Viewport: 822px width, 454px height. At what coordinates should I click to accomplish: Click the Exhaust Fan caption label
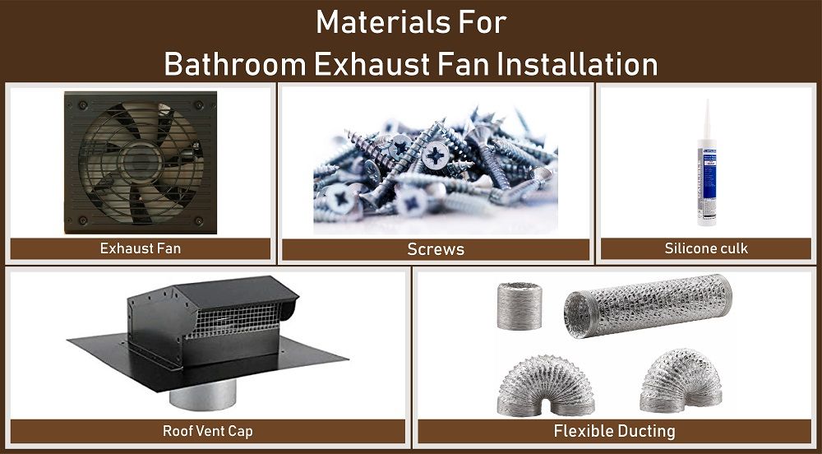[140, 248]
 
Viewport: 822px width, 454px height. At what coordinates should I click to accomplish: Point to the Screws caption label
[436, 249]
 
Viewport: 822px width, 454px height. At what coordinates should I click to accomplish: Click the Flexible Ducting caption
[614, 430]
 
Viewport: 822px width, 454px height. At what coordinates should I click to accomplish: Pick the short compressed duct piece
[520, 306]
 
